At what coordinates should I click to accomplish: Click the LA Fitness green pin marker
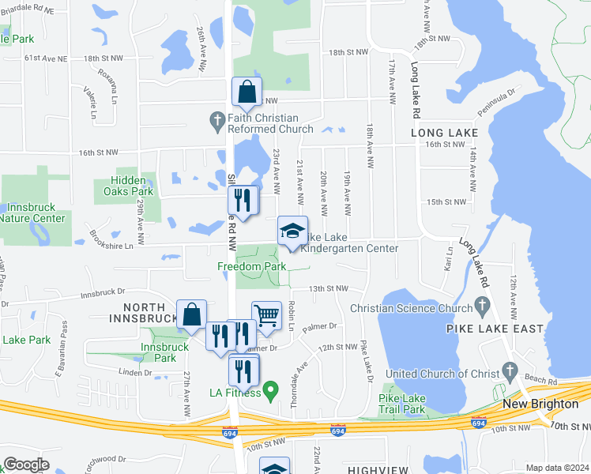coord(271,389)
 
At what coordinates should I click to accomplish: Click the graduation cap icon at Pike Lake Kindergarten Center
coord(292,231)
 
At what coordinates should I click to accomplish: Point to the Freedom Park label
coord(252,267)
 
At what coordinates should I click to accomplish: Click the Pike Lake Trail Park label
coord(401,403)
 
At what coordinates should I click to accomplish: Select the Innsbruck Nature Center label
coord(35,213)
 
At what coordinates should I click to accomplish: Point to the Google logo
coord(25,465)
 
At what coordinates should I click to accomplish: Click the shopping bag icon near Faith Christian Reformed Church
coord(247,92)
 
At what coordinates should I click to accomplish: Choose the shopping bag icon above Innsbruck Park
coord(191,314)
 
